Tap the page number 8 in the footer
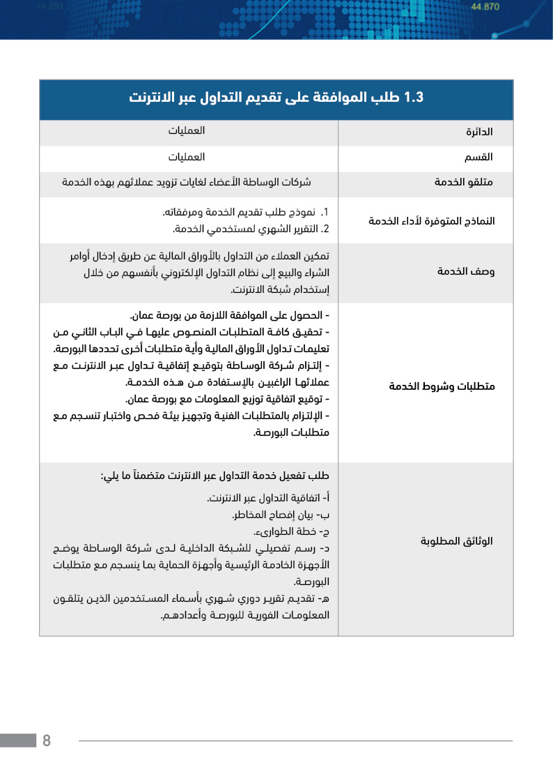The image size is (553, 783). (x=47, y=740)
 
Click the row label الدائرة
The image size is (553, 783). (x=479, y=132)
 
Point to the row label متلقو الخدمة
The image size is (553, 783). (x=465, y=183)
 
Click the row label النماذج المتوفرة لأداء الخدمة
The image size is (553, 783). (x=431, y=221)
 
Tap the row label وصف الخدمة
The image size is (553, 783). (x=466, y=272)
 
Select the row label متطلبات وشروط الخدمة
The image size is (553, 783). (x=442, y=386)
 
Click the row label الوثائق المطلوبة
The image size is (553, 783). (x=458, y=541)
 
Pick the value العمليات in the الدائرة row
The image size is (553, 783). (x=187, y=131)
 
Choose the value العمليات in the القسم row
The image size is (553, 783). (x=187, y=157)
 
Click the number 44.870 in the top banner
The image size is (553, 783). (x=485, y=7)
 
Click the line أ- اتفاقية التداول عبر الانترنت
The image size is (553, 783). (x=268, y=499)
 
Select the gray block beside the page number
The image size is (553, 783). (x=18, y=740)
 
